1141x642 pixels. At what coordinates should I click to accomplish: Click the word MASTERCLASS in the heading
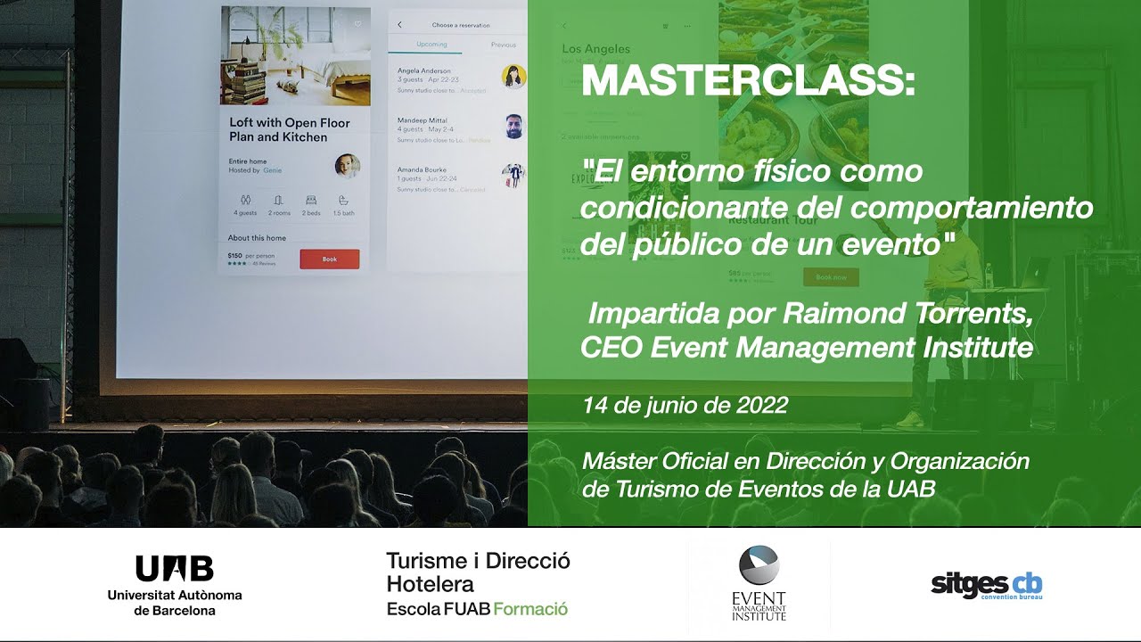[x=747, y=83]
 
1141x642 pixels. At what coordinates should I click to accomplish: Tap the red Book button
[x=329, y=259]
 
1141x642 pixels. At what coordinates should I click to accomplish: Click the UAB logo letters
[x=175, y=568]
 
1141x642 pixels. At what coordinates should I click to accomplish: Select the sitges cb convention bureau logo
[x=986, y=586]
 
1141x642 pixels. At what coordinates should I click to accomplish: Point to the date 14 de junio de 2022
[x=685, y=406]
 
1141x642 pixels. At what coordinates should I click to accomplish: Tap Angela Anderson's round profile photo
[x=513, y=77]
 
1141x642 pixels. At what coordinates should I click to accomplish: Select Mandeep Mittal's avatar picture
[x=513, y=126]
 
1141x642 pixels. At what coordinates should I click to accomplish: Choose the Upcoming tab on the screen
[x=431, y=45]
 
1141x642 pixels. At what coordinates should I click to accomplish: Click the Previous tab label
[x=503, y=45]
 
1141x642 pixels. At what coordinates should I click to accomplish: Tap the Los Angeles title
[x=595, y=49]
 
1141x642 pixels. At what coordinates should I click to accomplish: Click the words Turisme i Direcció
[x=478, y=561]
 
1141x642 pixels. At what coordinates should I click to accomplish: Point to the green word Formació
[x=530, y=609]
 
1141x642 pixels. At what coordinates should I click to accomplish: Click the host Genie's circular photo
[x=347, y=166]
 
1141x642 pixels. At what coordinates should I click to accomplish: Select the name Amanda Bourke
[x=422, y=169]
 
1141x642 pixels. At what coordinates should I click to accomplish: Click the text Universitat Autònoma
[x=175, y=596]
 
